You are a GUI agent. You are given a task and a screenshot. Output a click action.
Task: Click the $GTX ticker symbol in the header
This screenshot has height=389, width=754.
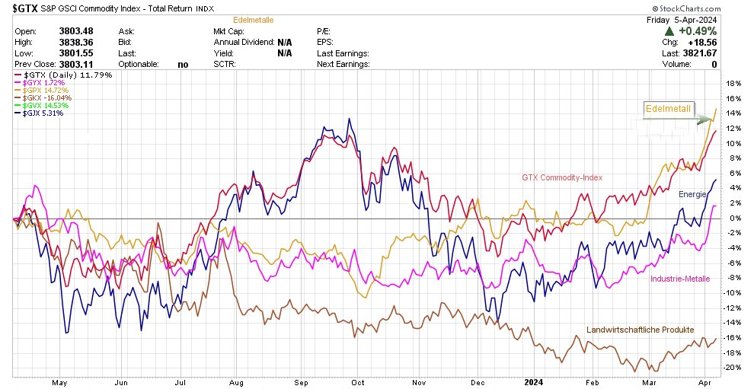point(22,8)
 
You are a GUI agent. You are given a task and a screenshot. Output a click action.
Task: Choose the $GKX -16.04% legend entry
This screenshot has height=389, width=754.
point(42,98)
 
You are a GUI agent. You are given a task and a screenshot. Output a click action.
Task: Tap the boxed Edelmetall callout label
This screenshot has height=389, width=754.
point(668,110)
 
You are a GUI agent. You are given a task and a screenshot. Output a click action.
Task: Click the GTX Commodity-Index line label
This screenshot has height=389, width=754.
point(562,178)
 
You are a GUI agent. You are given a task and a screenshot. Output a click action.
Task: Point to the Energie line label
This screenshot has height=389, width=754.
point(693,195)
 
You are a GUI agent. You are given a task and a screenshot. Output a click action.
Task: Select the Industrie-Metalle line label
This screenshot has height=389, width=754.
point(679,279)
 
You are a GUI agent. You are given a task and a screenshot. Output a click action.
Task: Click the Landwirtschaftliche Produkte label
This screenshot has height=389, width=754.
point(640,330)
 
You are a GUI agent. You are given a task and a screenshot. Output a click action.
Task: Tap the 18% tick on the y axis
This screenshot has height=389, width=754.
point(735,84)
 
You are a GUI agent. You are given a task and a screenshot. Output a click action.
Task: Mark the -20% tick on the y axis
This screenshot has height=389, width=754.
point(734,368)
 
